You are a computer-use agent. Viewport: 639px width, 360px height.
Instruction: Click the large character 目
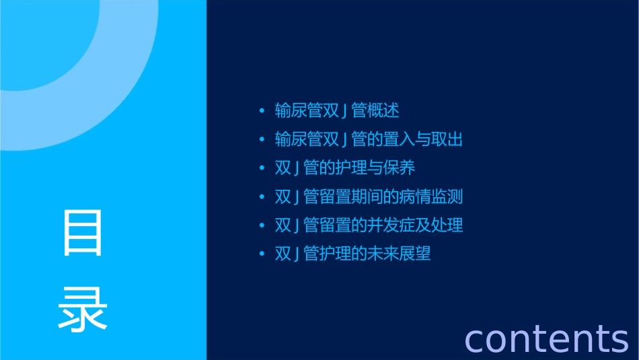tap(83, 233)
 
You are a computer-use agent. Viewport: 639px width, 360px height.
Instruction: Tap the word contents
tap(546, 338)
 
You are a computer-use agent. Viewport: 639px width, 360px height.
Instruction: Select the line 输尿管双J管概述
tap(337, 110)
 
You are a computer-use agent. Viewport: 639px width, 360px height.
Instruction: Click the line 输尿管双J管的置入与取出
tap(369, 139)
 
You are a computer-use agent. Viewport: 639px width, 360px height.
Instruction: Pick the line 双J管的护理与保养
tap(345, 168)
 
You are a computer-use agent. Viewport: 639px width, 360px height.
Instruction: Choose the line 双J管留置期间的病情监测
tap(369, 196)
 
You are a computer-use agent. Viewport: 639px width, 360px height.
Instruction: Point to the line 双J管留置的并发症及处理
tap(369, 225)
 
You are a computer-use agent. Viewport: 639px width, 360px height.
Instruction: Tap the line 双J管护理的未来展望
tap(352, 254)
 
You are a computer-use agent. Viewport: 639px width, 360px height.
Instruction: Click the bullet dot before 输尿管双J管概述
tap(262, 110)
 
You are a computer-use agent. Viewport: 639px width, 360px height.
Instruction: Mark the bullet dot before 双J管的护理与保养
tap(262, 168)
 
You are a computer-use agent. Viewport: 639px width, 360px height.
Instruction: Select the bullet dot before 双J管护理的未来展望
tap(262, 254)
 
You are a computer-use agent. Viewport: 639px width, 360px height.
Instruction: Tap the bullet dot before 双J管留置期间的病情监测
tap(262, 196)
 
